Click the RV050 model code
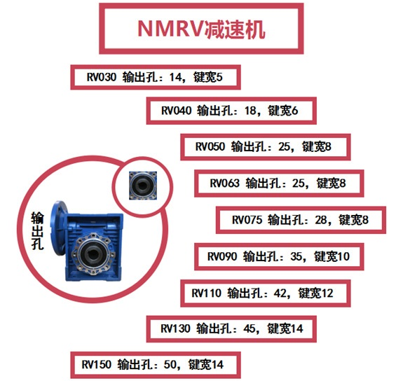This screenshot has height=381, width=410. coord(210,147)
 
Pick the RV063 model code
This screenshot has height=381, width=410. coord(225,183)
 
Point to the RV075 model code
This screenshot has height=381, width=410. coord(247,220)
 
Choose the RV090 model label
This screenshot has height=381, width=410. coord(224,256)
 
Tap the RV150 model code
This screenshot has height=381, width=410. coord(97,364)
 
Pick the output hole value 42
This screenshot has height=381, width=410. coord(281,292)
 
